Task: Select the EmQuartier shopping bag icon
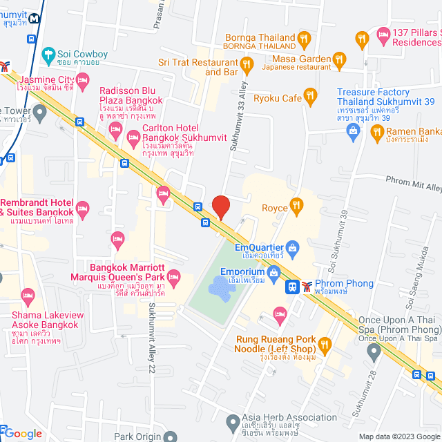click(x=293, y=247)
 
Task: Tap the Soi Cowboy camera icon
click(x=48, y=53)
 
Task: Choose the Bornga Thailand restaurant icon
click(x=304, y=38)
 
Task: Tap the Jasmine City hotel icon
click(x=82, y=81)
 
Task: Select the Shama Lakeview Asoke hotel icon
click(x=28, y=296)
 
